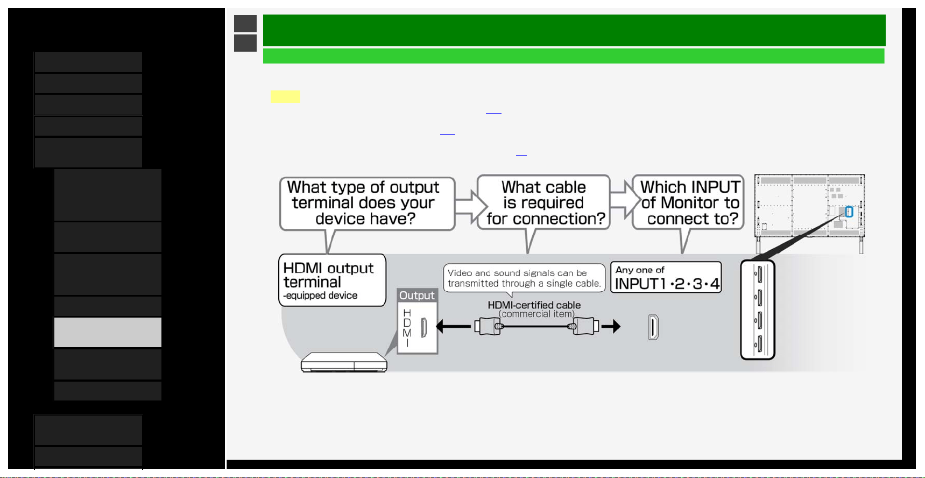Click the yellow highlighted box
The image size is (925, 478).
click(285, 96)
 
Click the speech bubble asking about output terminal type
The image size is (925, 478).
click(367, 204)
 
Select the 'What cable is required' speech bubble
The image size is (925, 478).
click(543, 203)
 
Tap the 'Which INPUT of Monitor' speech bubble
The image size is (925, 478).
click(688, 203)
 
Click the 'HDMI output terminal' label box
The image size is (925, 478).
click(332, 280)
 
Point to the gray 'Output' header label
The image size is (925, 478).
click(417, 296)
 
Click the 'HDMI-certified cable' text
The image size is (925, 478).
click(534, 305)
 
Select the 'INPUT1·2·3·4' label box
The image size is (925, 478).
click(666, 277)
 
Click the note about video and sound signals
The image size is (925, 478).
click(524, 278)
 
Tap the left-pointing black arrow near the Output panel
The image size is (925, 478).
click(453, 326)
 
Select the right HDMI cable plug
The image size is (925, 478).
click(585, 326)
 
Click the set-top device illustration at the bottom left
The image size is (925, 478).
click(344, 362)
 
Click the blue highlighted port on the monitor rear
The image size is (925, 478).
click(849, 212)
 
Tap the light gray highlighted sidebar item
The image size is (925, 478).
click(108, 332)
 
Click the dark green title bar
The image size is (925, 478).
click(574, 30)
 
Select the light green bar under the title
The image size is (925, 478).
click(574, 56)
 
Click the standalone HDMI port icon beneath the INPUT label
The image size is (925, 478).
click(653, 327)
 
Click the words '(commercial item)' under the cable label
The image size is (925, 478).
click(536, 314)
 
